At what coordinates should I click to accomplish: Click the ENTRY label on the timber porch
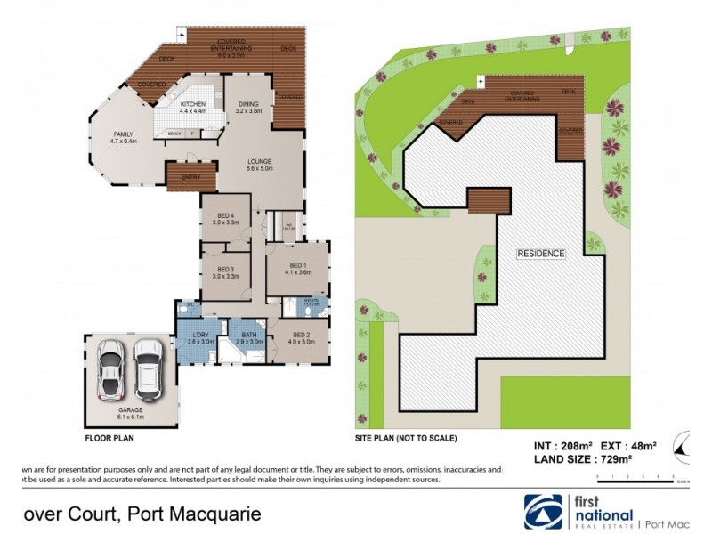(190, 177)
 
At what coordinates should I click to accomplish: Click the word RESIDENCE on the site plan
(541, 254)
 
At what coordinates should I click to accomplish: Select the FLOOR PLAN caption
(109, 438)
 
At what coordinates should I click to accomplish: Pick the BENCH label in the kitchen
(174, 134)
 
